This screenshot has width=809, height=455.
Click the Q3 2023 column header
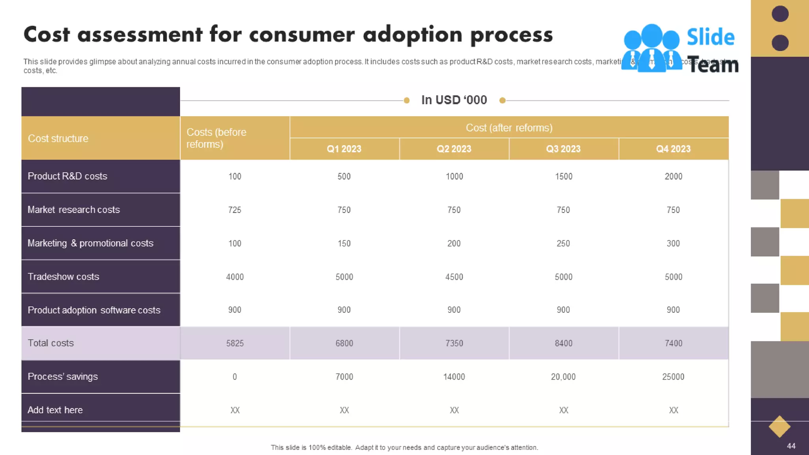click(563, 149)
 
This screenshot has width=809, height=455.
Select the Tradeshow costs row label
click(63, 276)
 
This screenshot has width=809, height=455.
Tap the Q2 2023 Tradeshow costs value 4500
click(454, 277)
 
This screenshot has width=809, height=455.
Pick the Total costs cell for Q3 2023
click(563, 343)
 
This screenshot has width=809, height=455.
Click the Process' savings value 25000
click(673, 377)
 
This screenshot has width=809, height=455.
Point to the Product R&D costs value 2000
click(673, 177)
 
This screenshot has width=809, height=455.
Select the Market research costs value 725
click(235, 210)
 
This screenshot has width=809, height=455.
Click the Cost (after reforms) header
click(509, 128)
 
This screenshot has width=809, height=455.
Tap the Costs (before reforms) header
click(216, 138)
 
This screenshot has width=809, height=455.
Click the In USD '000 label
click(454, 100)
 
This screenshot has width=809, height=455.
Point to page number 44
click(791, 446)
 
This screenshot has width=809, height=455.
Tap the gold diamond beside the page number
click(779, 427)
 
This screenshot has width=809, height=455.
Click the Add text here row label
click(55, 410)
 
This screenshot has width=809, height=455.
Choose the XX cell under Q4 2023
click(673, 410)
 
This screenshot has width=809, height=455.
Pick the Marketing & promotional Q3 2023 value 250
click(563, 243)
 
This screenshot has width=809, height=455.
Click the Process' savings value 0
click(235, 377)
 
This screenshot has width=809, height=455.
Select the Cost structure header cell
click(58, 139)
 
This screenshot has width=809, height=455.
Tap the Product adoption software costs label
click(94, 310)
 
